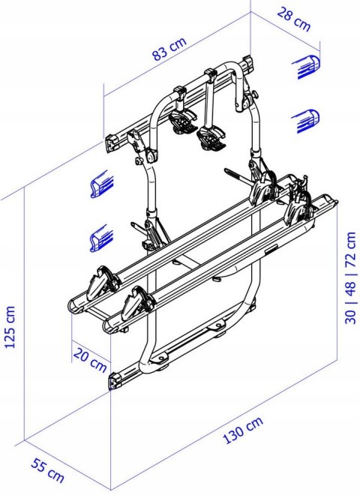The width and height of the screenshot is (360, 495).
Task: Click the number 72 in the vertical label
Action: tap(349, 246)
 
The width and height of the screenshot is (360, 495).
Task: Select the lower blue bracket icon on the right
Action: tap(307, 118)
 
